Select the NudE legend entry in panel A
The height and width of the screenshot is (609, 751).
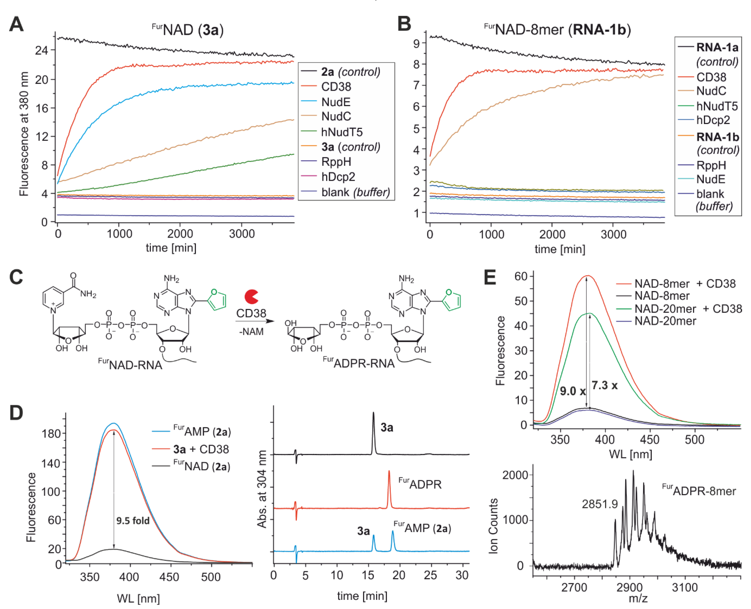[336, 102]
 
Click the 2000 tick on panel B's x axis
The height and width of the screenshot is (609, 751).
[552, 234]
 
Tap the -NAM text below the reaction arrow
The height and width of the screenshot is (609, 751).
[251, 331]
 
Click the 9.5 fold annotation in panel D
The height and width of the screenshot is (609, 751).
[133, 521]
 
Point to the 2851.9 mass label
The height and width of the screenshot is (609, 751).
[600, 504]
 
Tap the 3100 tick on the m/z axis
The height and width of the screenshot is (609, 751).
[685, 587]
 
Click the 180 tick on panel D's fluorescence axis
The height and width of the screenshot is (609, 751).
[51, 434]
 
